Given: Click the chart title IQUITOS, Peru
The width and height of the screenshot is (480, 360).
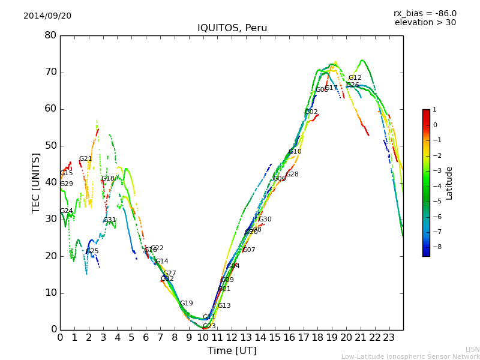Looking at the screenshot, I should tap(232, 28).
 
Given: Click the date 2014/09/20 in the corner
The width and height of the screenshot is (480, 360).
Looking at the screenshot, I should tap(47, 16).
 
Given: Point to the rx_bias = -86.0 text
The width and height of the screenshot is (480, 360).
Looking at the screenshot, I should tap(425, 13).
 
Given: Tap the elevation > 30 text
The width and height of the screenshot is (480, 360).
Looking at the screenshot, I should tap(425, 23).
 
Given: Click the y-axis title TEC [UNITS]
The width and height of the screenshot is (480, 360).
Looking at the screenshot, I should tap(36, 182).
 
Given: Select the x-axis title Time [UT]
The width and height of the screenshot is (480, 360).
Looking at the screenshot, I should tap(232, 351).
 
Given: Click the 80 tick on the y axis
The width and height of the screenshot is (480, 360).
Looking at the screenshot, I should tap(50, 35).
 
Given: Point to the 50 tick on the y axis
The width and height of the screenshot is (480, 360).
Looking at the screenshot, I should tap(50, 146).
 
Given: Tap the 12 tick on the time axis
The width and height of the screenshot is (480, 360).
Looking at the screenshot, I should tap(232, 337).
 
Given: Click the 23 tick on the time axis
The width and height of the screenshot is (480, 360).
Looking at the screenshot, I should tap(389, 337).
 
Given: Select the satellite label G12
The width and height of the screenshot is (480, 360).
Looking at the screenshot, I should tap(355, 78).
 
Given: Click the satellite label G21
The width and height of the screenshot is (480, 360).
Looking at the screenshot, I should tap(86, 159).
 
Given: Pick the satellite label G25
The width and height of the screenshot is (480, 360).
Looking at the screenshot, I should tap(92, 251).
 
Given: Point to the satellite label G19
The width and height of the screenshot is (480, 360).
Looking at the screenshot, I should tap(187, 304).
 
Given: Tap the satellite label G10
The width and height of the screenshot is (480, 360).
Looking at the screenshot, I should tap(295, 152).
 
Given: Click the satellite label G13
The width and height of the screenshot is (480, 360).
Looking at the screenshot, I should tap(224, 306).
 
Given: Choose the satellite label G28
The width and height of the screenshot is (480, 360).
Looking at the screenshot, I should tap(292, 175).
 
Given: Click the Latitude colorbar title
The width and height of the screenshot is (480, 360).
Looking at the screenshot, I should tap(449, 183).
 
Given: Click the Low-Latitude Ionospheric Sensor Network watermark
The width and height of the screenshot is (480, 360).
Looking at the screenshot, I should tap(410, 356).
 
